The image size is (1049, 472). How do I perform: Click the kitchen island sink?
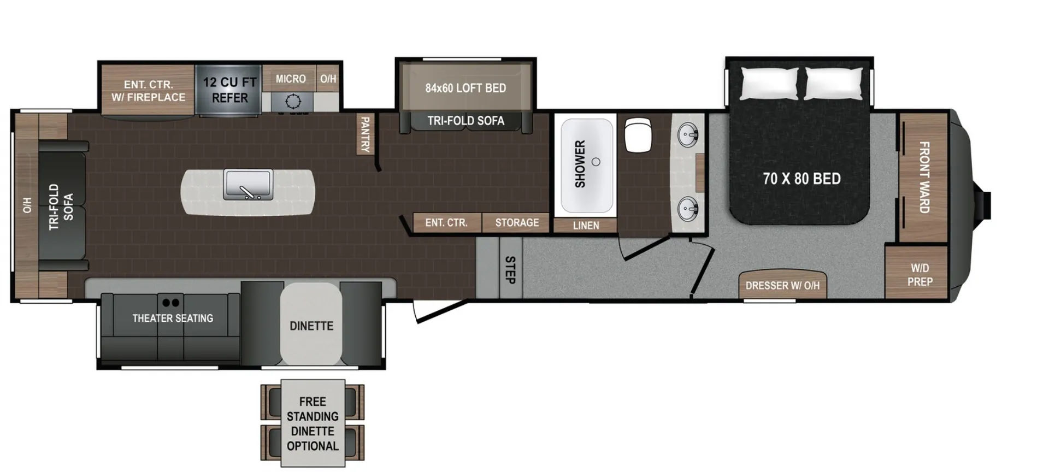(248, 185)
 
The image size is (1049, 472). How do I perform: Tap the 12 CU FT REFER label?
(229, 90)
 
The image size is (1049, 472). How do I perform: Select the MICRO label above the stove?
(291, 79)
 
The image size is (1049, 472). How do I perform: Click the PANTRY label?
(365, 134)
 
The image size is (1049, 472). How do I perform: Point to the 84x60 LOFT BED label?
(465, 88)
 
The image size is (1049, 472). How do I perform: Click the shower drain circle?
(596, 162)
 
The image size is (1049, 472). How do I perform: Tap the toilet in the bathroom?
(638, 135)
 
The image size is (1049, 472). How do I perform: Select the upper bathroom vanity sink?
(687, 134)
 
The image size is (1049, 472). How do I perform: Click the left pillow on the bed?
(769, 84)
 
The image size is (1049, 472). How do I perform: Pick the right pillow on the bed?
(834, 84)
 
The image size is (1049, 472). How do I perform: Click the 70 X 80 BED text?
(802, 179)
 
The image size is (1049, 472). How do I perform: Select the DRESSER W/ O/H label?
(782, 286)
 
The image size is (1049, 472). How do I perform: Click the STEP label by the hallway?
(510, 270)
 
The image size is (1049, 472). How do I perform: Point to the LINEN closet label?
(586, 226)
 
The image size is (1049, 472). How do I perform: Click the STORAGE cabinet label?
(517, 223)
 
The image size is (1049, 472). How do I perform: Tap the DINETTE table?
(311, 324)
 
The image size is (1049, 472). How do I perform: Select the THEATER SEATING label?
(173, 318)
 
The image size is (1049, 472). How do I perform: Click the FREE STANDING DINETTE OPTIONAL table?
(313, 423)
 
